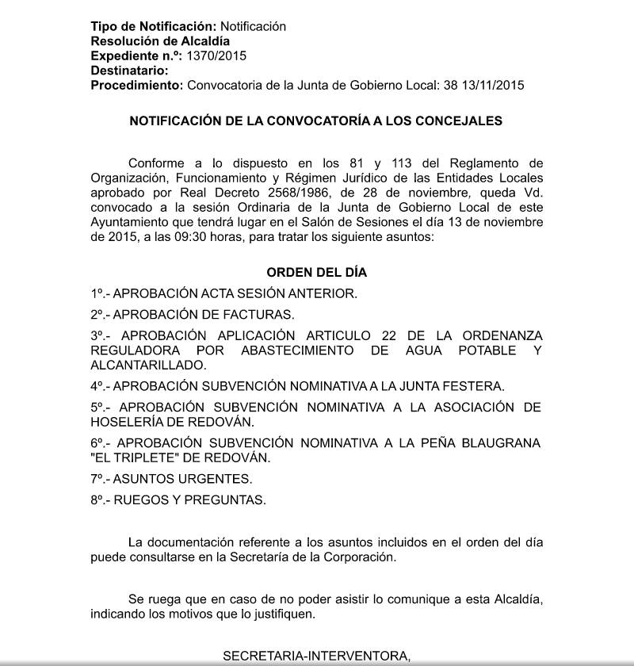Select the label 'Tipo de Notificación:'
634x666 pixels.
tap(154, 26)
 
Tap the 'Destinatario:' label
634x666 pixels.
tap(129, 71)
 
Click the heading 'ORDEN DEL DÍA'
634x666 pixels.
tap(316, 272)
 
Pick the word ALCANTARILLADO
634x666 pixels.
tap(148, 366)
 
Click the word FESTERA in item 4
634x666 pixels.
tap(475, 386)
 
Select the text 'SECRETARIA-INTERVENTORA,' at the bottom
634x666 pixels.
tap(317, 656)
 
